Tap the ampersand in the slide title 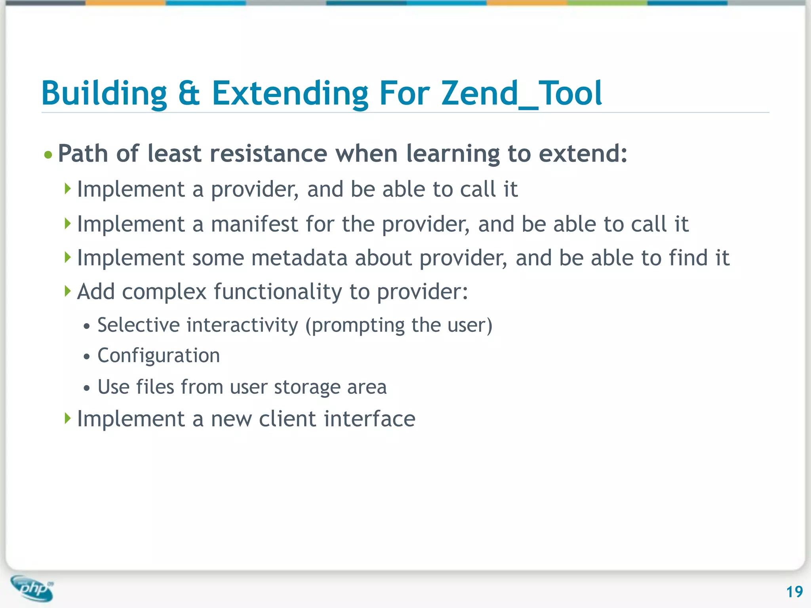[188, 93]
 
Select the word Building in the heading [104, 93]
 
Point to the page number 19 [794, 592]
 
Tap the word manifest [254, 224]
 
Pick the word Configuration [158, 355]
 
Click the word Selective [139, 325]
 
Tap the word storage [307, 387]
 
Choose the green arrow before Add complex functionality [68, 291]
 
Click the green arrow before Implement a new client [68, 418]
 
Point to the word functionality [278, 292]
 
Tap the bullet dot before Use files [87, 388]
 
